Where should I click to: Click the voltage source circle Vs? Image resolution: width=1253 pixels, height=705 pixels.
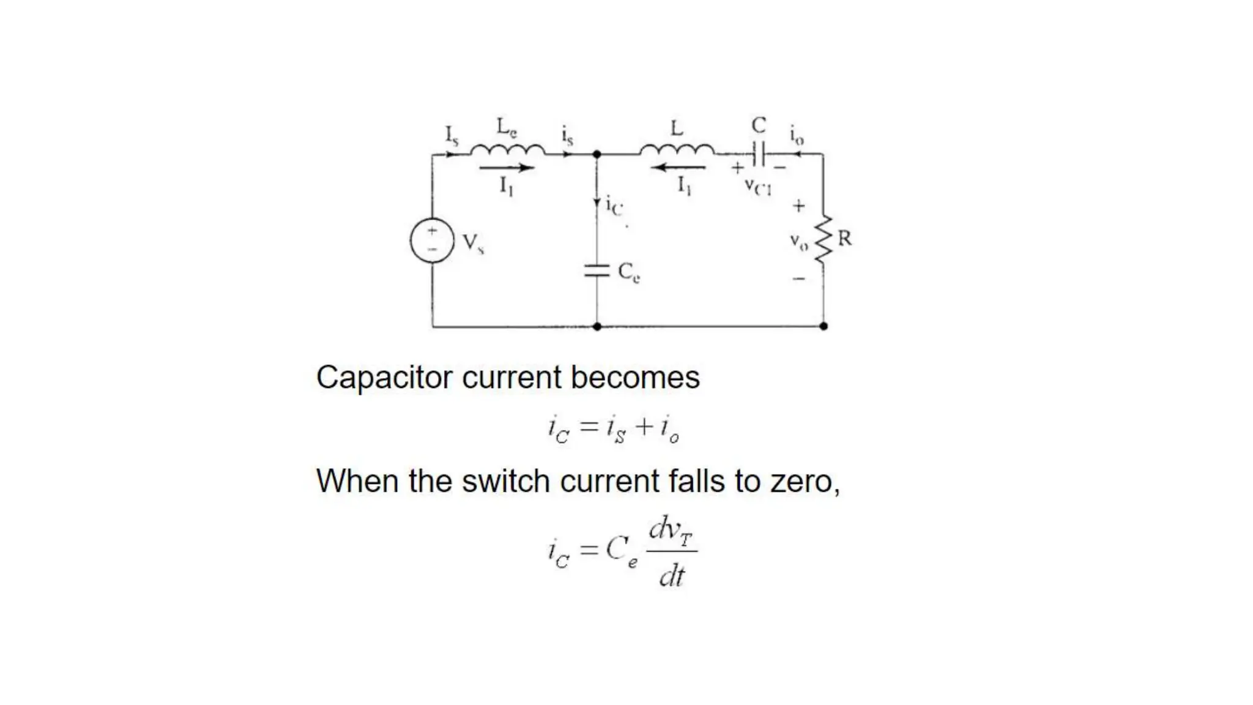tap(432, 241)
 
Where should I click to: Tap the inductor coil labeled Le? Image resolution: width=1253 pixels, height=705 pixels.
tap(507, 149)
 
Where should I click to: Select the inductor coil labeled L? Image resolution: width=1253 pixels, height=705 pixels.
tap(677, 149)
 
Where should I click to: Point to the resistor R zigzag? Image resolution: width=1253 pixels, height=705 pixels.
tap(824, 239)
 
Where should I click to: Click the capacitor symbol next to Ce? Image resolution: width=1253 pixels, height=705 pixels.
tap(597, 270)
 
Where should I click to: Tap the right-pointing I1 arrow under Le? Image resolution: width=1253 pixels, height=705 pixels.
tap(507, 167)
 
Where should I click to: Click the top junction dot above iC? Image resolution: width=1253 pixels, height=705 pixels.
tap(597, 155)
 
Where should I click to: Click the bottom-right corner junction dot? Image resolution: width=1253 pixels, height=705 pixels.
tap(824, 326)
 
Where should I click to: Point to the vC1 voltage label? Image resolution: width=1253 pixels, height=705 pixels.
tap(758, 186)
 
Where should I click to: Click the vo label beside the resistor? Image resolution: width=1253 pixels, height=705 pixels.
tap(798, 241)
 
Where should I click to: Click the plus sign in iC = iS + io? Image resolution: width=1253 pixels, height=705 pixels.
tap(644, 427)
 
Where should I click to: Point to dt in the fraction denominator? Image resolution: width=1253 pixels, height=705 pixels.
tap(672, 576)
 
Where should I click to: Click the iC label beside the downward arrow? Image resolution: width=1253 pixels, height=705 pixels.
tap(614, 206)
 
